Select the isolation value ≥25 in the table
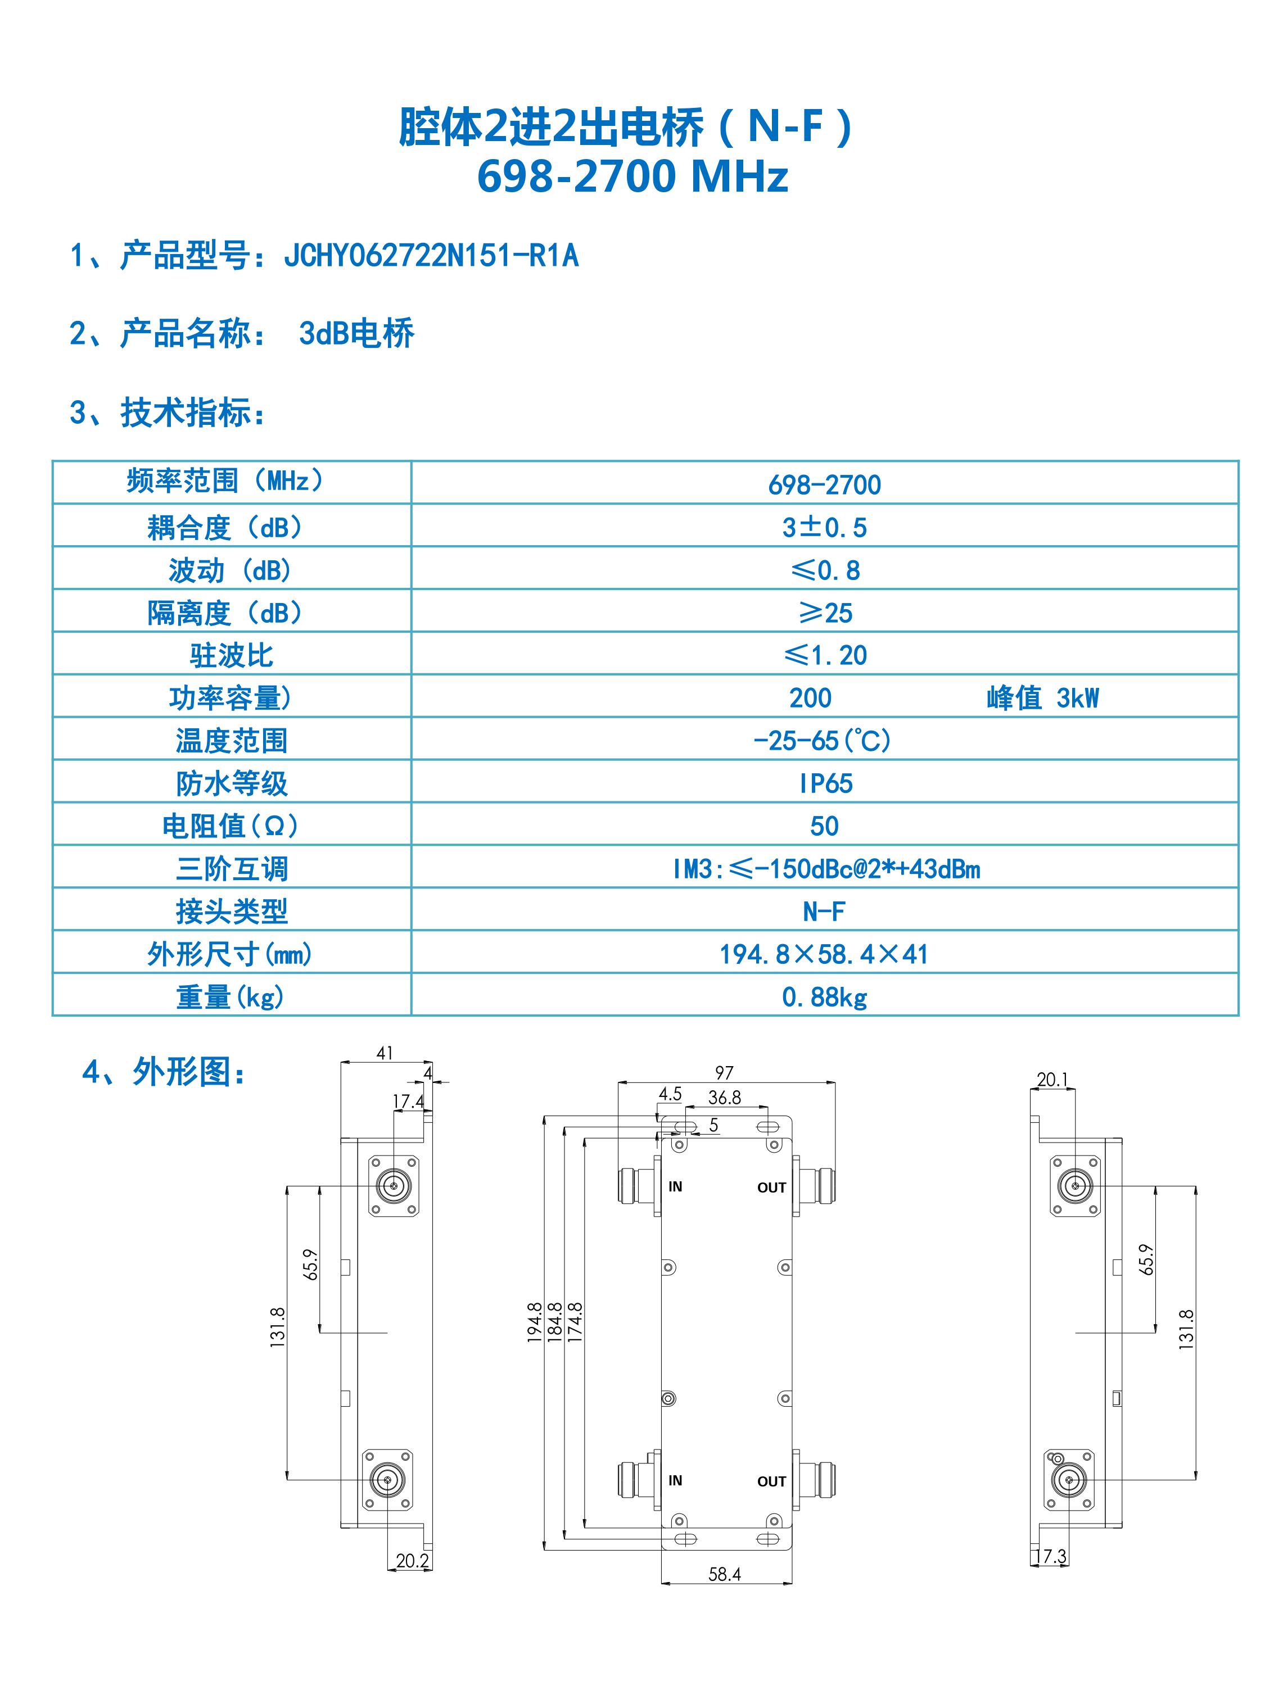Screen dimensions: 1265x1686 825,613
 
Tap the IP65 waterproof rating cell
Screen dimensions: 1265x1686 825,783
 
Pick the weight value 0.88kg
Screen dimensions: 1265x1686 825,997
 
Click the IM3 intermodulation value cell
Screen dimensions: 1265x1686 826,869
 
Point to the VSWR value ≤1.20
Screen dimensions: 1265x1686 825,655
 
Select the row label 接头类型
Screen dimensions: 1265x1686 232,912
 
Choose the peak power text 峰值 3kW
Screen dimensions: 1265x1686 1042,698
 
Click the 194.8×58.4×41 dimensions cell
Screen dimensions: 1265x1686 824,954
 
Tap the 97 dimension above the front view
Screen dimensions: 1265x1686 724,1072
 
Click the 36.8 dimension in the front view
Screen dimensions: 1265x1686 724,1097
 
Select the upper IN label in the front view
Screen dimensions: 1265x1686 675,1187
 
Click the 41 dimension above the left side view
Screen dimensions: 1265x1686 385,1053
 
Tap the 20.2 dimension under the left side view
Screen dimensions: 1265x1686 413,1560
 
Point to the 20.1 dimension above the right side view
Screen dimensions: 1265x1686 1052,1079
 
